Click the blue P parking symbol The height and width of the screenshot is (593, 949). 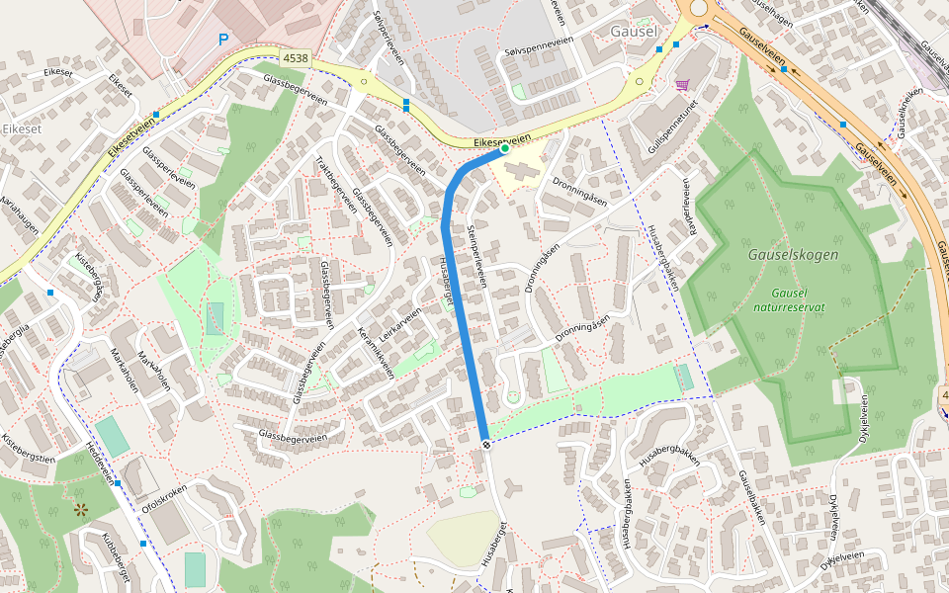tap(223, 40)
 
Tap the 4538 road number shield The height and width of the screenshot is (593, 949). tap(295, 59)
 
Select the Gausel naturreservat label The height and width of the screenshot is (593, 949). tap(798, 300)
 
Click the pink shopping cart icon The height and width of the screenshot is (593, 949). tap(682, 85)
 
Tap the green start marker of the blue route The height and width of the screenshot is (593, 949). tap(503, 149)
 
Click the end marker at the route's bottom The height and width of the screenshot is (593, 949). tap(485, 444)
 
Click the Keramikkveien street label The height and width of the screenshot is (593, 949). tap(376, 353)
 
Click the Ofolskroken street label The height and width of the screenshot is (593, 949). tap(158, 495)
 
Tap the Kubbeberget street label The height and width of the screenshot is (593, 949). tap(117, 557)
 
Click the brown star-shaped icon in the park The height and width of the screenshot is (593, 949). tap(80, 510)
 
